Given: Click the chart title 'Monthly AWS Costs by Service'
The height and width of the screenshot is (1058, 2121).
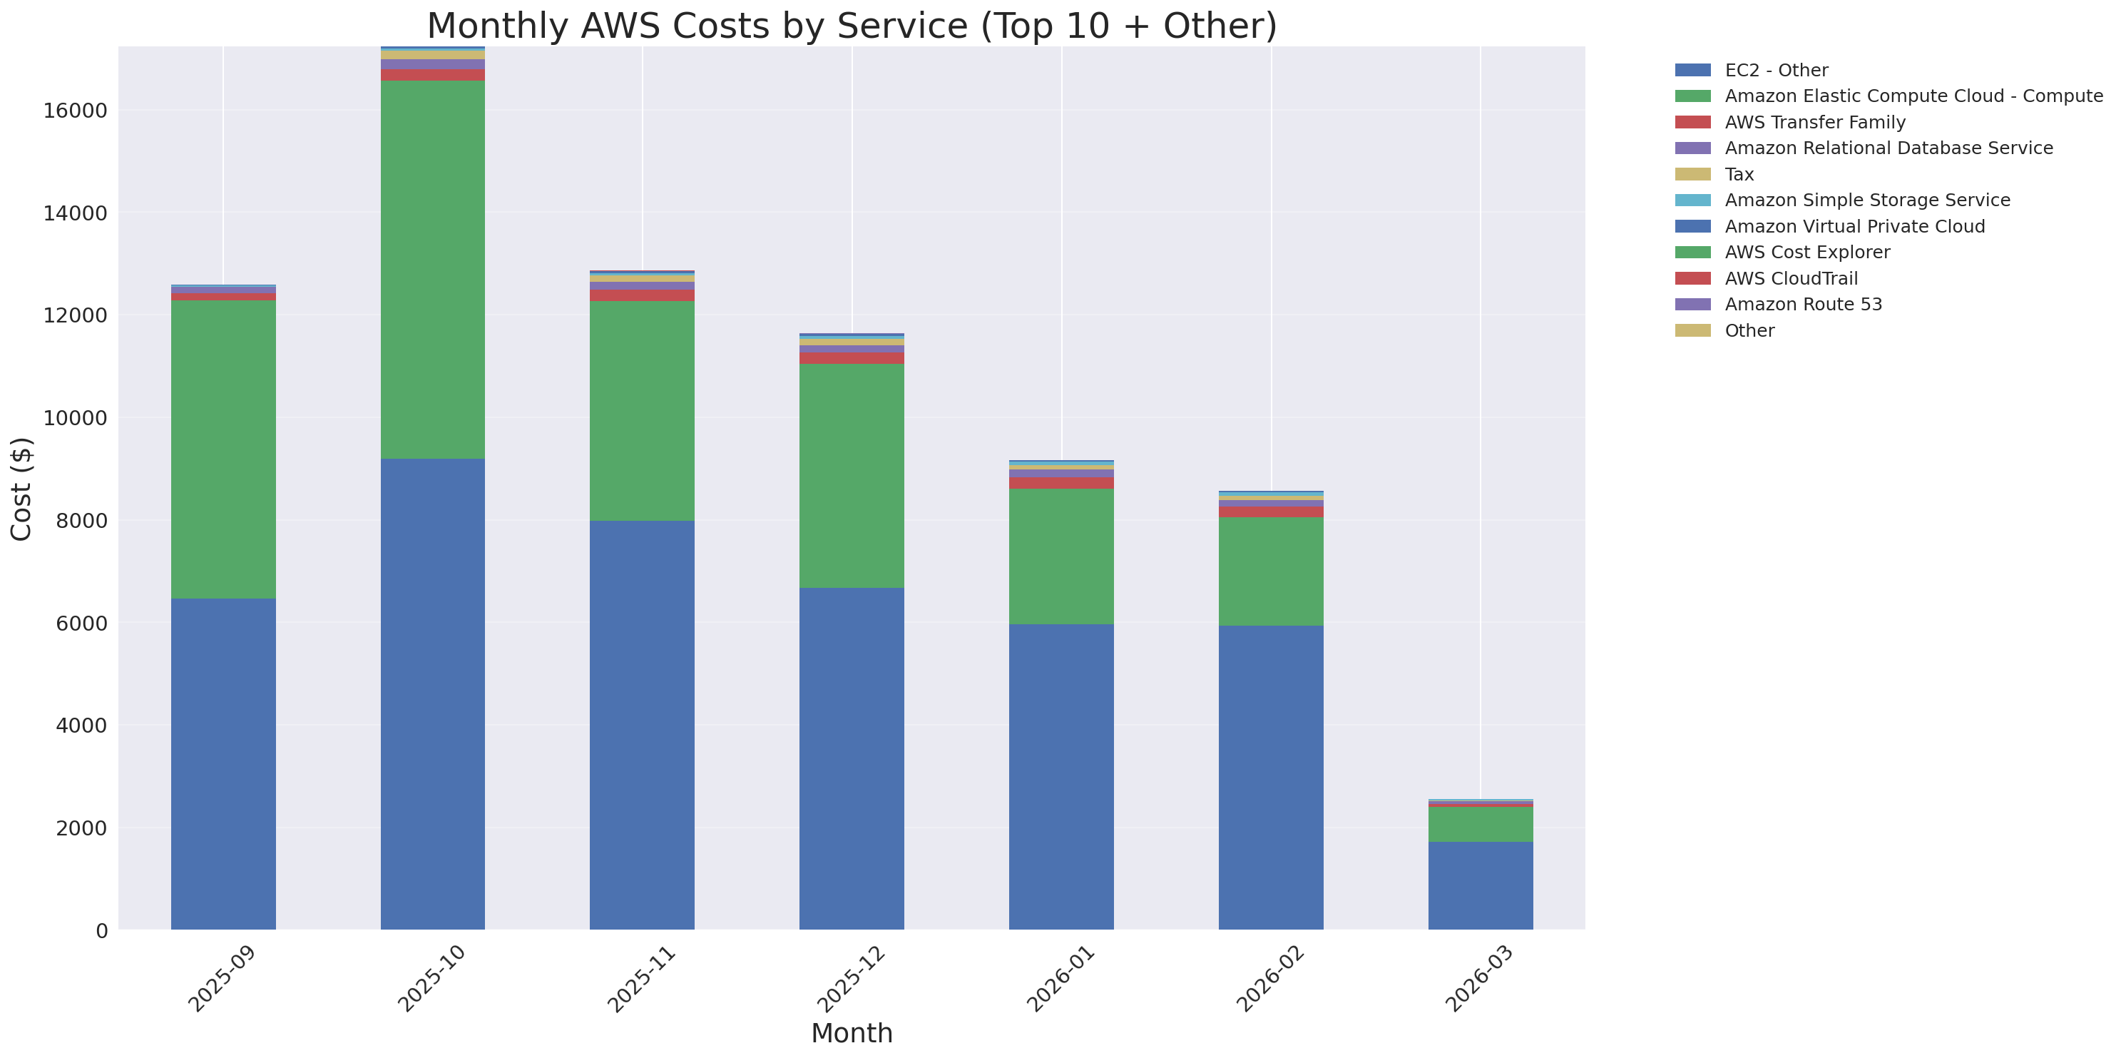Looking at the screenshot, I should pyautogui.click(x=852, y=26).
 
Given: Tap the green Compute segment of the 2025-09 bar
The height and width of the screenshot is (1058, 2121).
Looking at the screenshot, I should pyautogui.click(x=223, y=449).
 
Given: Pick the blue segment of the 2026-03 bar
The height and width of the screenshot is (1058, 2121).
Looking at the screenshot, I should pyautogui.click(x=1480, y=885).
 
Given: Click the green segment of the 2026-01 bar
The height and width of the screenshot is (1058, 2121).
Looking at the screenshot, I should pyautogui.click(x=1060, y=556).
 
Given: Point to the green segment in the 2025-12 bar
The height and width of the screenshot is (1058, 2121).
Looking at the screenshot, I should pyautogui.click(x=852, y=475).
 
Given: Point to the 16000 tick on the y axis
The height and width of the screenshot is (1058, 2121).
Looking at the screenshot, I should pyautogui.click(x=75, y=111).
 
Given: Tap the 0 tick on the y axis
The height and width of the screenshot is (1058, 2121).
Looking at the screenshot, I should pyautogui.click(x=101, y=931).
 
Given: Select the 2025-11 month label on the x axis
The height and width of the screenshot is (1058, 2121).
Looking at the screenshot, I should pyautogui.click(x=640, y=979).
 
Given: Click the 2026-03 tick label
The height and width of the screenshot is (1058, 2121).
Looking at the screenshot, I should pyautogui.click(x=1478, y=979).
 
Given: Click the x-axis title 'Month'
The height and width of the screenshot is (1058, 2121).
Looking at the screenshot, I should pyautogui.click(x=852, y=1033).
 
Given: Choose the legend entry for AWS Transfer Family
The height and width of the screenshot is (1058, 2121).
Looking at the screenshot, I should pyautogui.click(x=1815, y=123).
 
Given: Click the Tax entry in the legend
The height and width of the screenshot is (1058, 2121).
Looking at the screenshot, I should pyautogui.click(x=1739, y=175).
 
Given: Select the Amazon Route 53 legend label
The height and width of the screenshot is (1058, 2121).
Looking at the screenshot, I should pyautogui.click(x=1803, y=305).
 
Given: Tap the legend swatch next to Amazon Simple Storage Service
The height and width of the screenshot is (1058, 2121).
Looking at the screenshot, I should pyautogui.click(x=1692, y=200).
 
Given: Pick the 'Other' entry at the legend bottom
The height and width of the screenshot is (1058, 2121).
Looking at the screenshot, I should pyautogui.click(x=1749, y=331).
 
